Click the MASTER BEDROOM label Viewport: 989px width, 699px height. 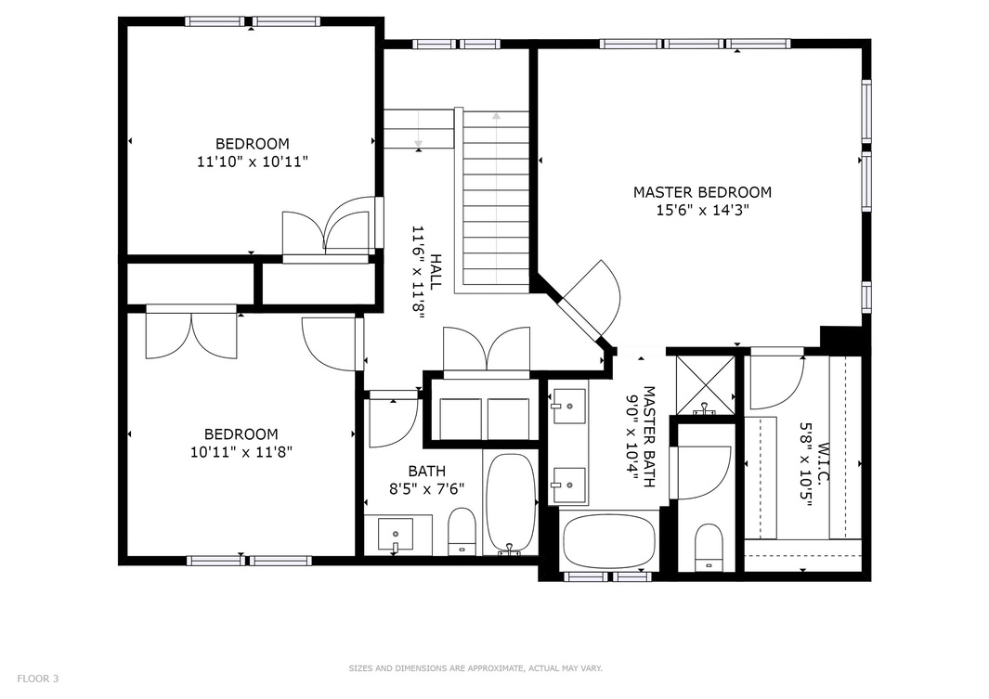(x=702, y=192)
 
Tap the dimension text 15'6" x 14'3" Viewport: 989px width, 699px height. (x=702, y=210)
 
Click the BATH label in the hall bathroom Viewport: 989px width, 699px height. (x=426, y=471)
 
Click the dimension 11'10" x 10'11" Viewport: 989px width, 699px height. (x=252, y=161)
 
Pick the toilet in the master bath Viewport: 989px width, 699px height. (x=709, y=547)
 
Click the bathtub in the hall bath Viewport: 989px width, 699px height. (x=510, y=501)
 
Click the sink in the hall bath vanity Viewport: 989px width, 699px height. (x=397, y=534)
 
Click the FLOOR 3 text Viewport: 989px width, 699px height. (x=38, y=679)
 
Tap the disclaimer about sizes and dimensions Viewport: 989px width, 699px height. (x=475, y=667)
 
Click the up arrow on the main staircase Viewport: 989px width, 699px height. (x=496, y=117)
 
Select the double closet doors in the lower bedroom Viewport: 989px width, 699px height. (x=191, y=334)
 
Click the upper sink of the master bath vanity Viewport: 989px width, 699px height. (x=566, y=406)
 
